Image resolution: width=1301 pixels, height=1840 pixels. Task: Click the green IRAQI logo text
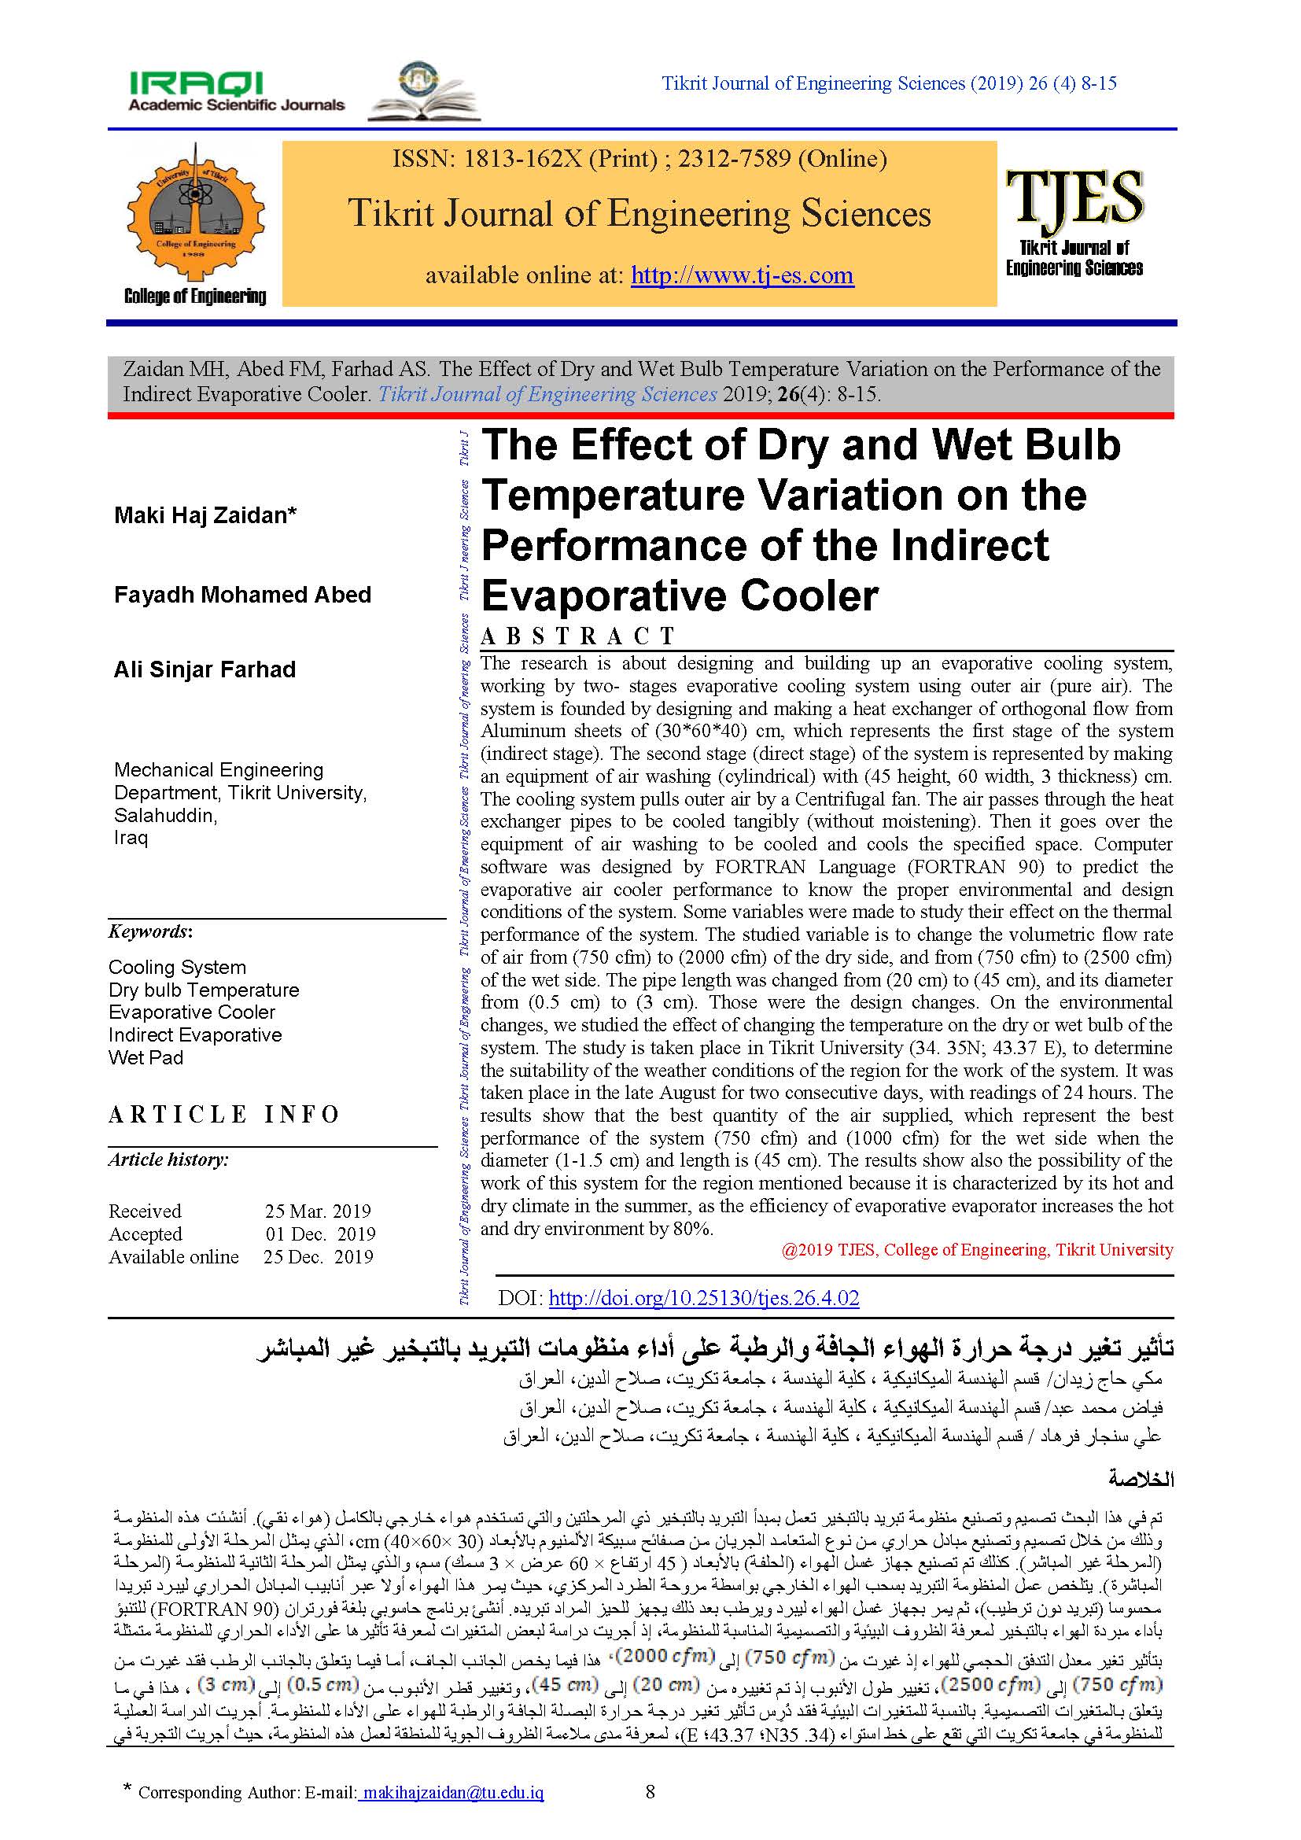(197, 83)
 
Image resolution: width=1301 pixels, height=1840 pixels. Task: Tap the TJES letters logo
(1074, 197)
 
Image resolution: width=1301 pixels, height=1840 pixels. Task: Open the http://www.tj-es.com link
(742, 275)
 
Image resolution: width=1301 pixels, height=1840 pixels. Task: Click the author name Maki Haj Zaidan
(205, 515)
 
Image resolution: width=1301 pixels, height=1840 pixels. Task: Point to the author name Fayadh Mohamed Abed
(243, 595)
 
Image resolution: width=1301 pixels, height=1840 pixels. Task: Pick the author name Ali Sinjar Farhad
(205, 669)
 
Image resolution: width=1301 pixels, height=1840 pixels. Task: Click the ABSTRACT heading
(578, 636)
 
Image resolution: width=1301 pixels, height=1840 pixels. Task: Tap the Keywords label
(149, 931)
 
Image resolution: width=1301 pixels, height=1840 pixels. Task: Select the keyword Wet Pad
(146, 1058)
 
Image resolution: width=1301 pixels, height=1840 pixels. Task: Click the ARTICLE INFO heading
(224, 1115)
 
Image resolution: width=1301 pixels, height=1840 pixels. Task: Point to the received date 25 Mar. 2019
(317, 1211)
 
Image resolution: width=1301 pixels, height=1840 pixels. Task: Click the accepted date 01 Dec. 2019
(319, 1234)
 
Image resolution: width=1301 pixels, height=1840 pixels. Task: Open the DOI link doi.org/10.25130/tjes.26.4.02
(703, 1298)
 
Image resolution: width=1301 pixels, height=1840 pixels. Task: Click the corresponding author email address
(451, 1792)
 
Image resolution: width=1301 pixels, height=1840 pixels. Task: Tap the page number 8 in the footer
(650, 1791)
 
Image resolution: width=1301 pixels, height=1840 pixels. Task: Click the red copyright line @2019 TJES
(978, 1250)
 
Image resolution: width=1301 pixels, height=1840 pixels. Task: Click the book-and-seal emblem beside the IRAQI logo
(423, 92)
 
